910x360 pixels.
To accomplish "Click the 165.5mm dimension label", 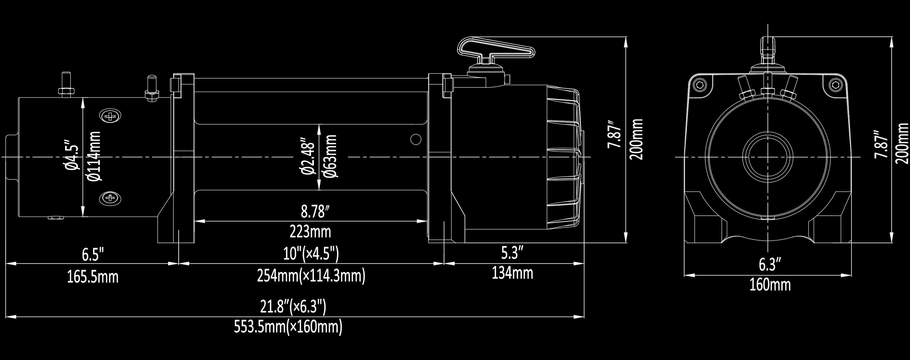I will tap(93, 277).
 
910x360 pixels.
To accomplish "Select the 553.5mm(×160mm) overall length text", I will tap(288, 327).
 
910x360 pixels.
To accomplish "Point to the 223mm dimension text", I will tap(310, 232).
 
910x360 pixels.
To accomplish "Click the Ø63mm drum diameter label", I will tap(330, 156).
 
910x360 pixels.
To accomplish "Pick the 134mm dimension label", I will tap(512, 273).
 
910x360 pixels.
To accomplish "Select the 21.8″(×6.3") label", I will tap(293, 307).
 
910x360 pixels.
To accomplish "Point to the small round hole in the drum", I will tap(416, 139).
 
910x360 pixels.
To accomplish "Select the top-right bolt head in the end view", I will tap(835, 85).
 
